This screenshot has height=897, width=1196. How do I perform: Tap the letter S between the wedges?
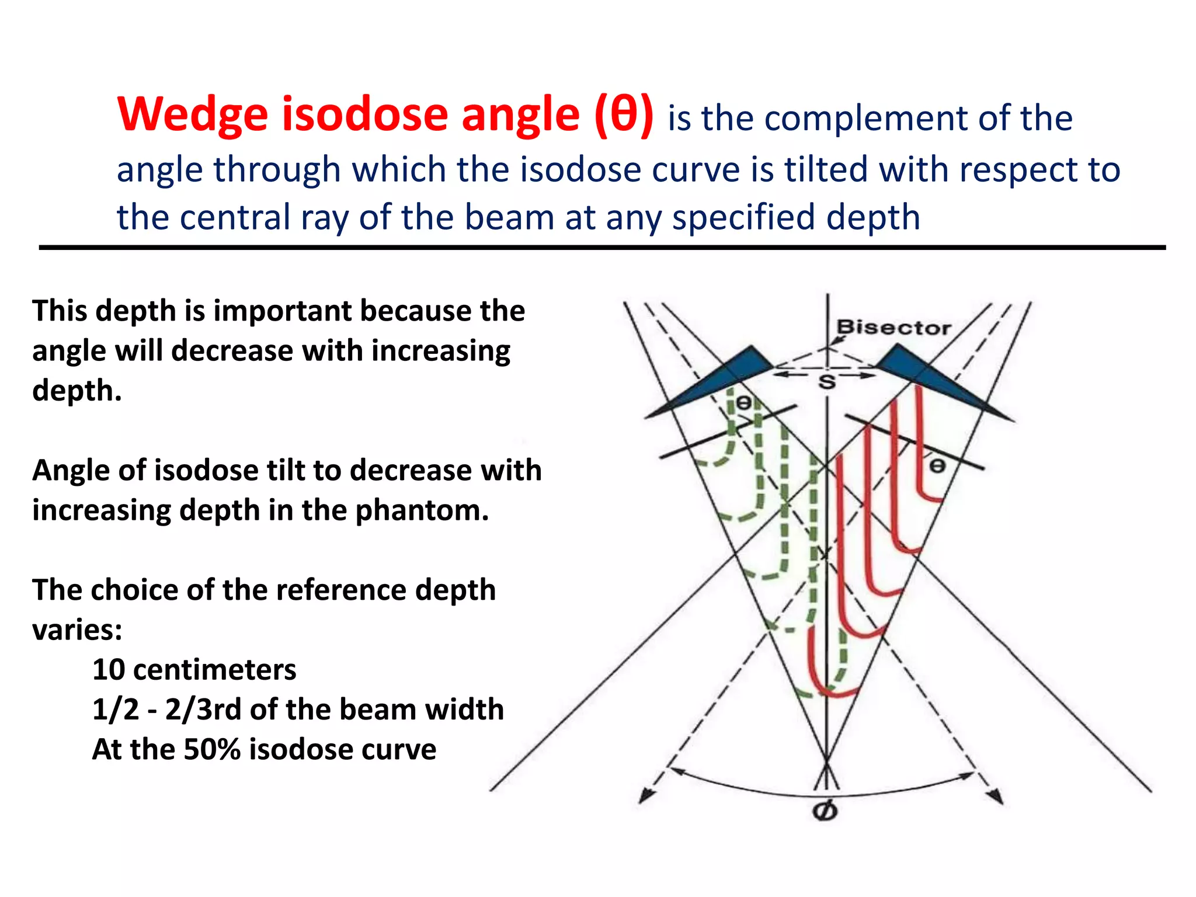point(826,383)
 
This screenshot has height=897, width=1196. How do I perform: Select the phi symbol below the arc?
point(825,811)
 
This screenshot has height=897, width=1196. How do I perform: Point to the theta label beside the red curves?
point(937,465)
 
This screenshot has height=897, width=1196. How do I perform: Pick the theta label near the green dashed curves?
point(743,402)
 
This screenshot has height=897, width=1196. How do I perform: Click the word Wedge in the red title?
point(193,114)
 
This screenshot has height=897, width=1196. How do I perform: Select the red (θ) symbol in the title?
point(624,114)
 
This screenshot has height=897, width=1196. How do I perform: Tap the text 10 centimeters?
point(194,669)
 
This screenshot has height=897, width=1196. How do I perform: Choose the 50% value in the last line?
point(211,749)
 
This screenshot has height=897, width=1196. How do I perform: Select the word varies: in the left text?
point(77,630)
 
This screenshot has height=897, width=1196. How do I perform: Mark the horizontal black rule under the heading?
point(602,248)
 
